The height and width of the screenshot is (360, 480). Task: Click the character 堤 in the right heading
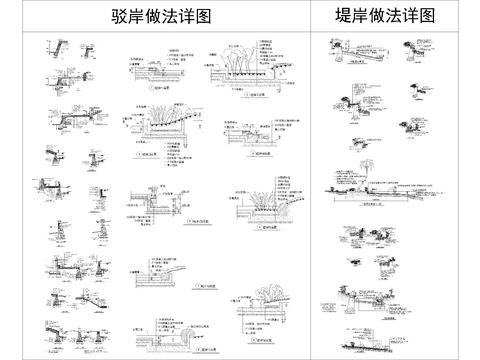[345, 17]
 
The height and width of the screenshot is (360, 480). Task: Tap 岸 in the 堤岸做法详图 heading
[364, 17]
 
